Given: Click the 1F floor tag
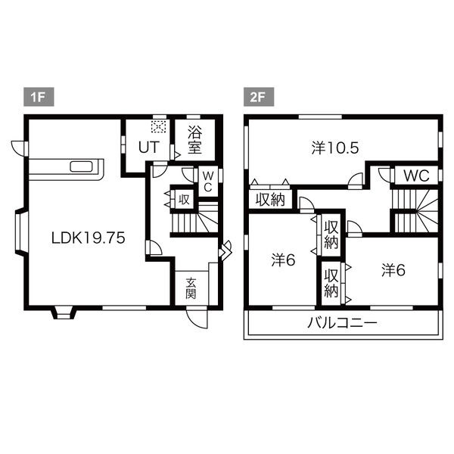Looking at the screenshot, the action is [39, 97].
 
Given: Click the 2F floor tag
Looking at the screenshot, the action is [259, 97].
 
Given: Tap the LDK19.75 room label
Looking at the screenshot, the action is [89, 238].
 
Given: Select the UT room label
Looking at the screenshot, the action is [149, 147].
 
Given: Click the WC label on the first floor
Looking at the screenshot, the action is [208, 182].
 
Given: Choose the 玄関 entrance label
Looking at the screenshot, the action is [191, 288].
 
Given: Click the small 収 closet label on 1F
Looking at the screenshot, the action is [184, 200].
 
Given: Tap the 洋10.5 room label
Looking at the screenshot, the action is [335, 148].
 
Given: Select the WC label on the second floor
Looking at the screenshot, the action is [416, 176].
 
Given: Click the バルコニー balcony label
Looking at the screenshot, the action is [343, 322].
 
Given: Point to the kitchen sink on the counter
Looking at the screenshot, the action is [82, 166].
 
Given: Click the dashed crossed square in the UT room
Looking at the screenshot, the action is [159, 126].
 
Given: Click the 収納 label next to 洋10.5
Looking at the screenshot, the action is [270, 200].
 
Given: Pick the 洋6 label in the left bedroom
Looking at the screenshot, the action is [283, 260].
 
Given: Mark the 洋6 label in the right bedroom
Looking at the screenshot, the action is [393, 270].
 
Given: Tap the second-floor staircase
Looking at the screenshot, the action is [415, 211].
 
